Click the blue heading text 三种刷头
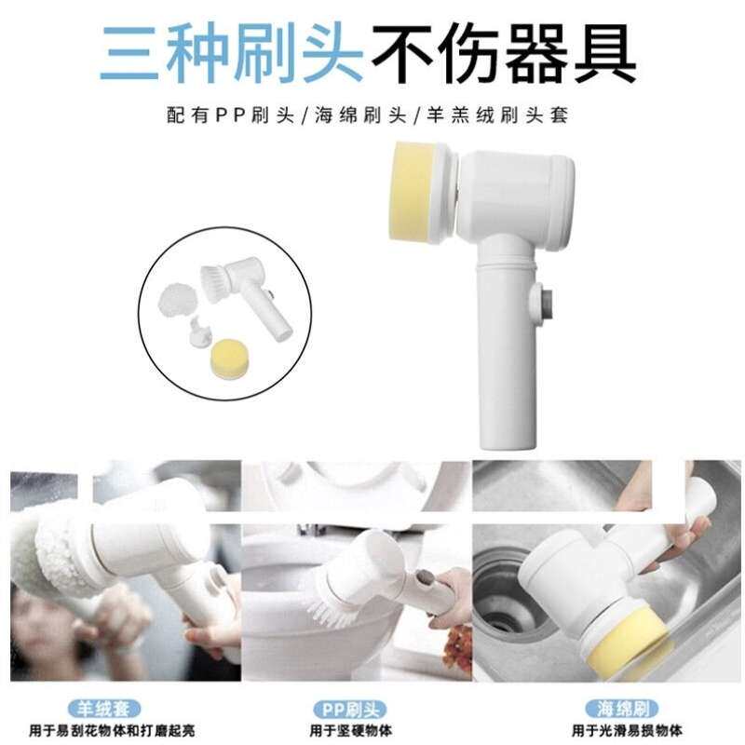(231, 54)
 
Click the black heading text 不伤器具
(504, 54)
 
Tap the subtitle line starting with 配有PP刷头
(367, 115)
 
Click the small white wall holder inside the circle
(200, 331)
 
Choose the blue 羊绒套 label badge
(104, 709)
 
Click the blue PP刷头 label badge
(350, 711)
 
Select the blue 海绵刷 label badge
(622, 709)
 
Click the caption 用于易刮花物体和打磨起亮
(112, 731)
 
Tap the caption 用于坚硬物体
(351, 731)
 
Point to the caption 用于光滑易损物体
(627, 730)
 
